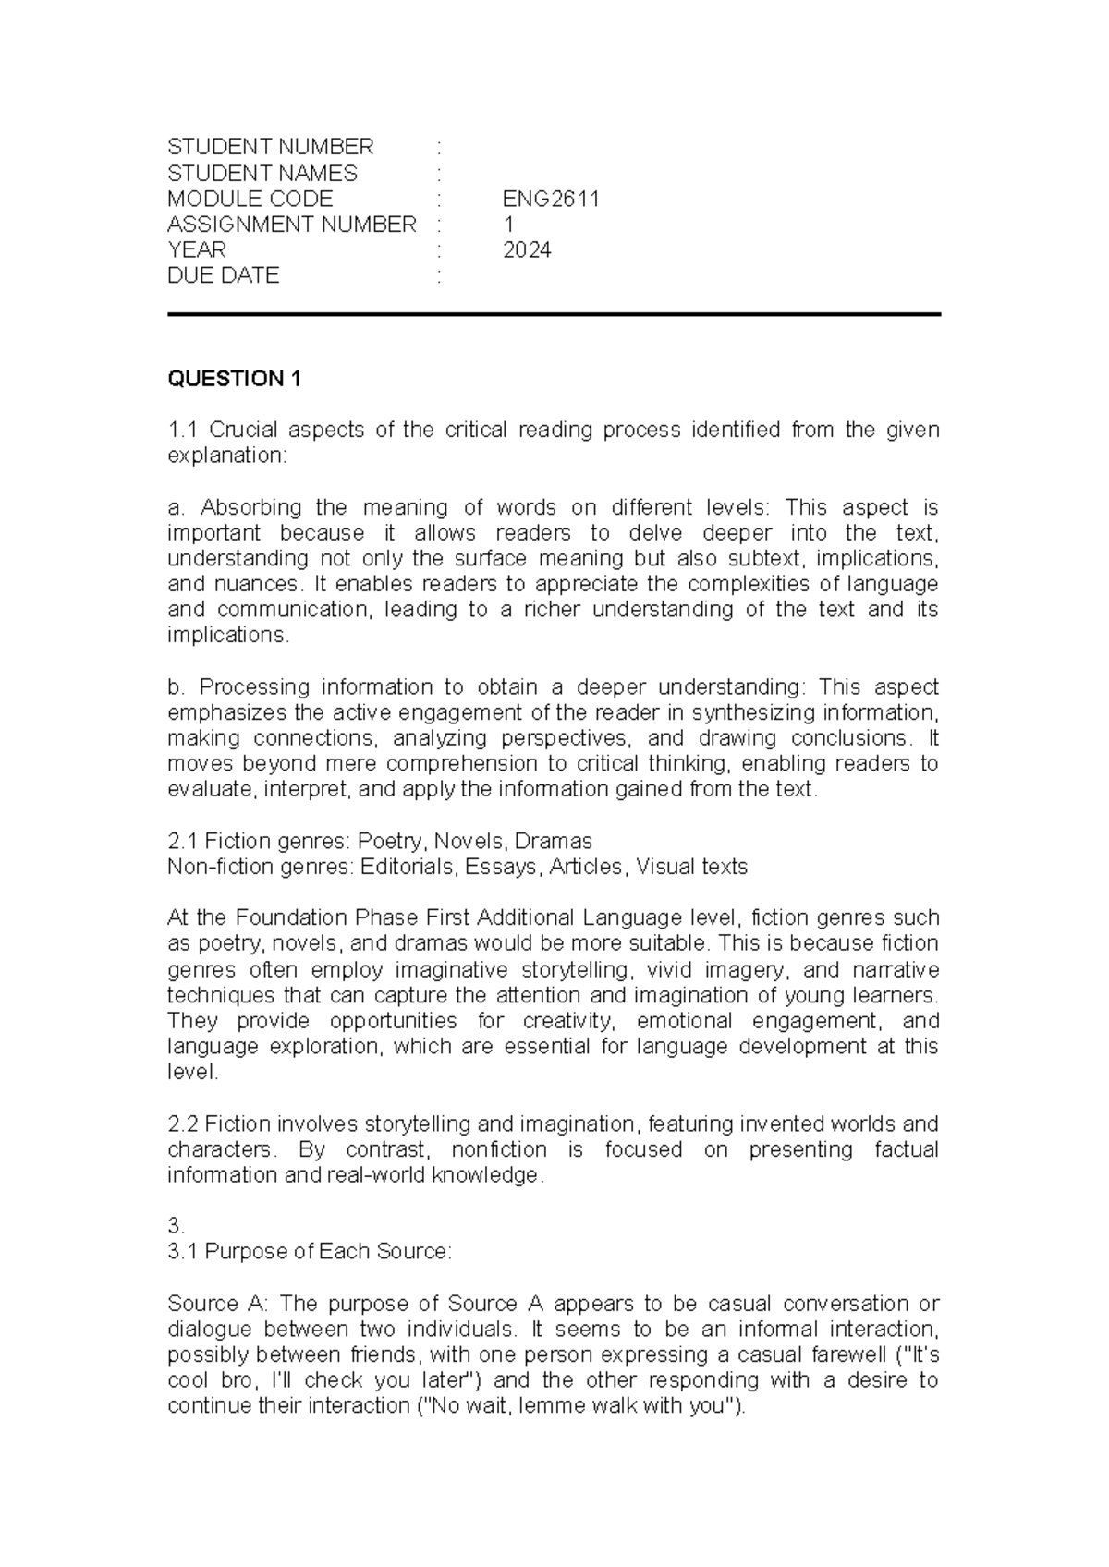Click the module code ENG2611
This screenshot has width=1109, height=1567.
(551, 199)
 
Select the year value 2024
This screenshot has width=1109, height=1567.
(527, 249)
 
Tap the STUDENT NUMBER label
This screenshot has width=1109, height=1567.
(270, 147)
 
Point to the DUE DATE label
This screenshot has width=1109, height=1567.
(223, 275)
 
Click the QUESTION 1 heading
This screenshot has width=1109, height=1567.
(234, 379)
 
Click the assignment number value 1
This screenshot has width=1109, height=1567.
(508, 225)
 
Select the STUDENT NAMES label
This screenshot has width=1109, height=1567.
(262, 173)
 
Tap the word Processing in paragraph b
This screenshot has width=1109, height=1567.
(252, 686)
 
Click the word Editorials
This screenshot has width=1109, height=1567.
(408, 867)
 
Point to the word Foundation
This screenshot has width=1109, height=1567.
(293, 917)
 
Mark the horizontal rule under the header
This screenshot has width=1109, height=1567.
(554, 315)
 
